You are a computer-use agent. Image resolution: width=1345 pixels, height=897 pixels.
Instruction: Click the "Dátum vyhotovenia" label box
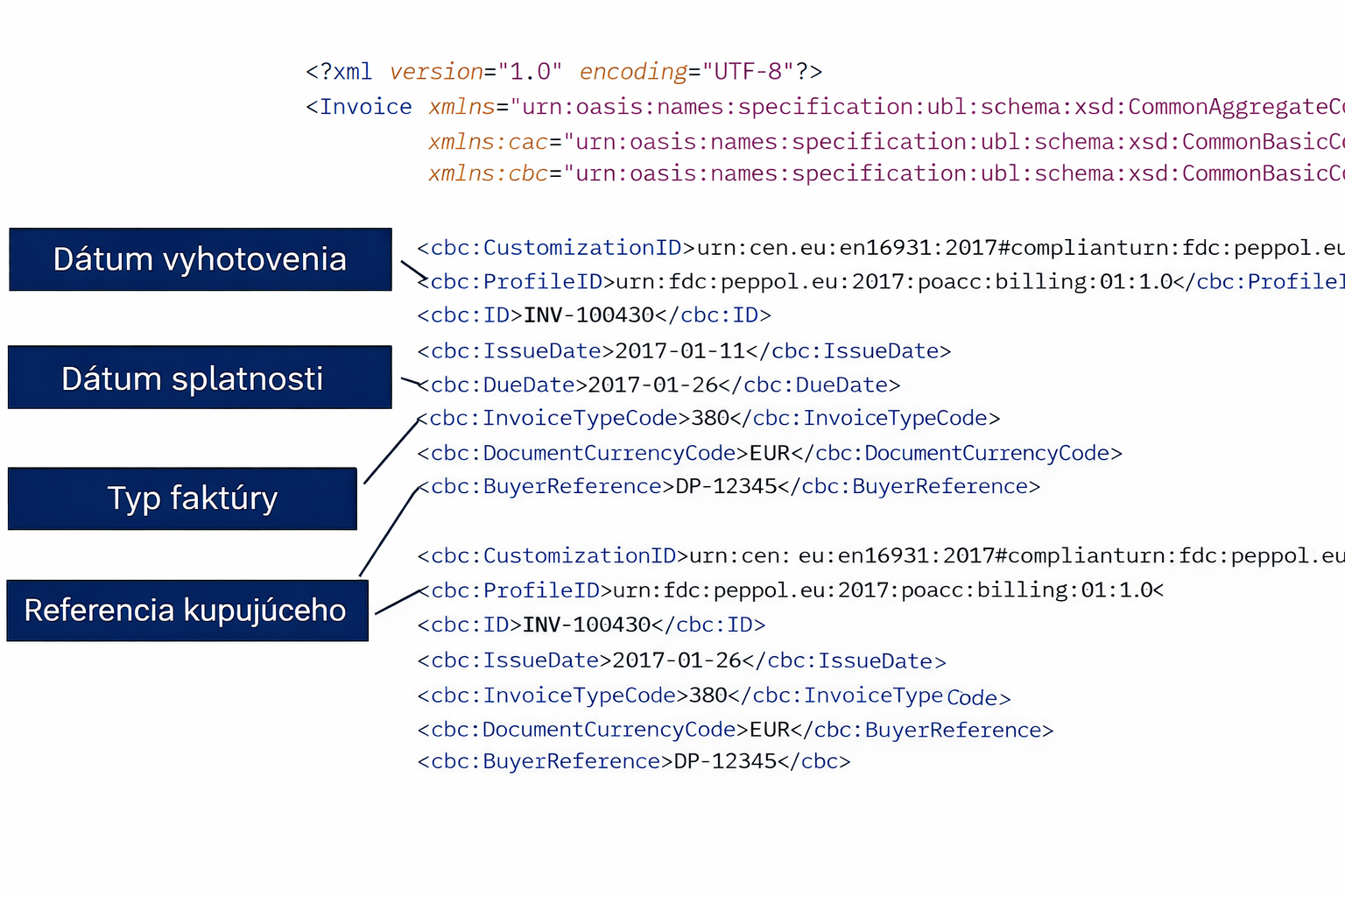point(200,259)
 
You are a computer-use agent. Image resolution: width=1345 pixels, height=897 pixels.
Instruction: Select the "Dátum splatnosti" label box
point(200,378)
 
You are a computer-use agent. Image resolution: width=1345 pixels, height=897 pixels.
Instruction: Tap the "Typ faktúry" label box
point(182,498)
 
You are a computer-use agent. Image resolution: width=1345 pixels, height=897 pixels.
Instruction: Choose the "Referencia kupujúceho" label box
point(187,611)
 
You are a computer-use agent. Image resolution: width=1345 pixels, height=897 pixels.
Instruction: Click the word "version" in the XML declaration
point(436,72)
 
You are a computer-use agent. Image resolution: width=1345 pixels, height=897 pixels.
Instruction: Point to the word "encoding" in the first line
point(633,72)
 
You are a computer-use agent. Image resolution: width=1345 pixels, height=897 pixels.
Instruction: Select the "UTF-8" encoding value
point(748,72)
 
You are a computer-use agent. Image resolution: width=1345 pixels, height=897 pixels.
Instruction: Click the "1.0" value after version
point(530,72)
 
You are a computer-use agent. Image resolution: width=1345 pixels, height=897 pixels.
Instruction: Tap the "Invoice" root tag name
point(365,107)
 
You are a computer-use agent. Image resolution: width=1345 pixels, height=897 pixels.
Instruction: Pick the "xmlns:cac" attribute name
point(488,142)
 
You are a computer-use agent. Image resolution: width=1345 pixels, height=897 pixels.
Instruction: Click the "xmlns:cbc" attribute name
point(488,173)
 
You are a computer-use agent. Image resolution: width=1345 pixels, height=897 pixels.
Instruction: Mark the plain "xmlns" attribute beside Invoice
point(461,107)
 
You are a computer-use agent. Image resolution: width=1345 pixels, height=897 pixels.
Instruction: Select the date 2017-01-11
point(680,351)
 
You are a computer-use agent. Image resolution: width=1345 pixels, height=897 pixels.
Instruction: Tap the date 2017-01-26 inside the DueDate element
point(652,385)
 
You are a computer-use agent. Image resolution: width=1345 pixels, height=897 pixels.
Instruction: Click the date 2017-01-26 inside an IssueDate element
point(677,660)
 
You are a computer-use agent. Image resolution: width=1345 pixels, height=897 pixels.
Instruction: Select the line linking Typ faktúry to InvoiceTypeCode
point(391,451)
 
